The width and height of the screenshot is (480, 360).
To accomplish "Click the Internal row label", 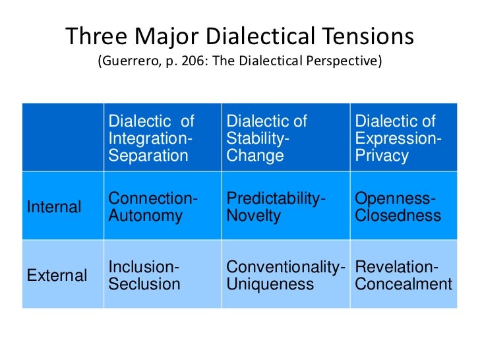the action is point(54,207).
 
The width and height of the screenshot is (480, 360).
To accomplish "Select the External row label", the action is point(57,276).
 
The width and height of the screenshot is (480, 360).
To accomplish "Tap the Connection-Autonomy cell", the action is point(152,207).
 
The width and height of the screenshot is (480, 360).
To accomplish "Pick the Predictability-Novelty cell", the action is point(276,207).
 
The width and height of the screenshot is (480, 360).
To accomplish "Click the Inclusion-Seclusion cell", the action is point(144,276).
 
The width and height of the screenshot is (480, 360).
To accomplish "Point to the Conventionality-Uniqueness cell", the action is point(285,276).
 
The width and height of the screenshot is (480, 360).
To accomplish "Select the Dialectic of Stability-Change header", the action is point(267,138).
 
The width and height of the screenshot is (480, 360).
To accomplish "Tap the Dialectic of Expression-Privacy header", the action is point(398,138).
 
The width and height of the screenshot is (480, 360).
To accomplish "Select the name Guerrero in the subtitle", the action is point(129,62).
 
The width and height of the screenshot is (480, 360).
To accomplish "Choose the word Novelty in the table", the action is point(253,216).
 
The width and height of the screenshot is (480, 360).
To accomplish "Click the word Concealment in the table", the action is point(404,284).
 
